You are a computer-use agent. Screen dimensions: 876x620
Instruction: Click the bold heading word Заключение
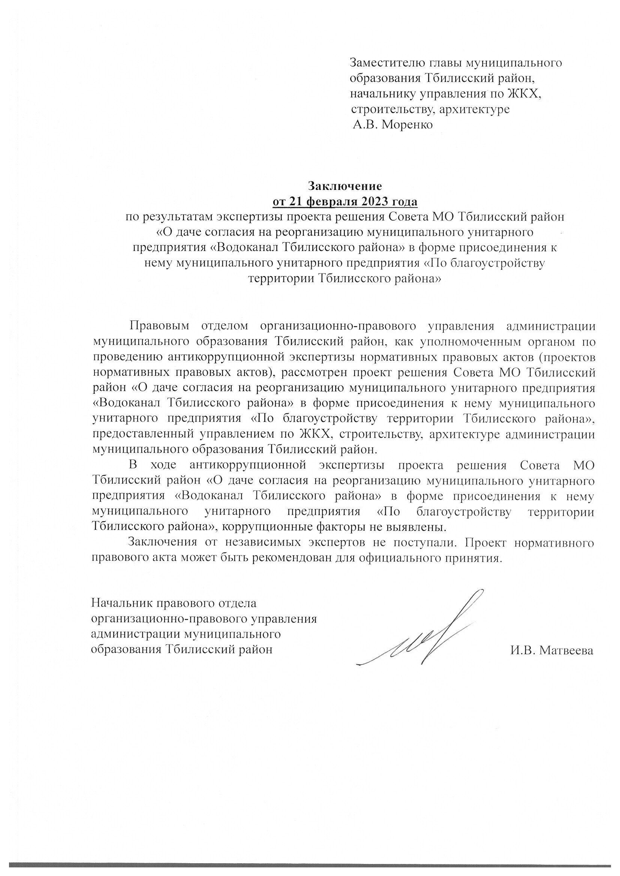345,186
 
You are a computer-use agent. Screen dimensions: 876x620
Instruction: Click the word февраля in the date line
331,202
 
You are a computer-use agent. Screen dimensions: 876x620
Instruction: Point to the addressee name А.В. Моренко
392,125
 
